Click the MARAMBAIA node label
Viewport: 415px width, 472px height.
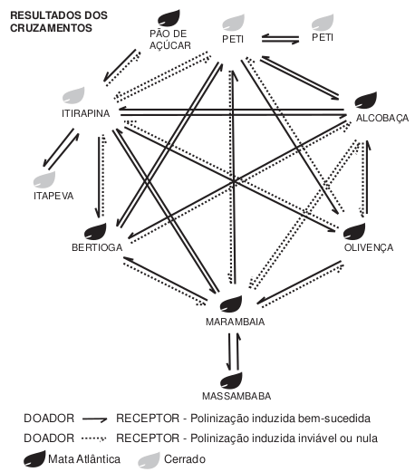coord(234,322)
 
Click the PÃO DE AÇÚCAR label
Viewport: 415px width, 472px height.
coord(168,38)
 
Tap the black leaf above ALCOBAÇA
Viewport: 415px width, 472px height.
coord(365,100)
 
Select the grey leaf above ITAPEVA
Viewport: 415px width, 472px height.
coord(43,178)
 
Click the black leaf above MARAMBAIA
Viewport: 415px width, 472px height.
coord(234,303)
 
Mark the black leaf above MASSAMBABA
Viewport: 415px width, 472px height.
coord(234,378)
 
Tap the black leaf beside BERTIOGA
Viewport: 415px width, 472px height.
coord(95,230)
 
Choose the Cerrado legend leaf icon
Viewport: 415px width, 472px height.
coord(150,458)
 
